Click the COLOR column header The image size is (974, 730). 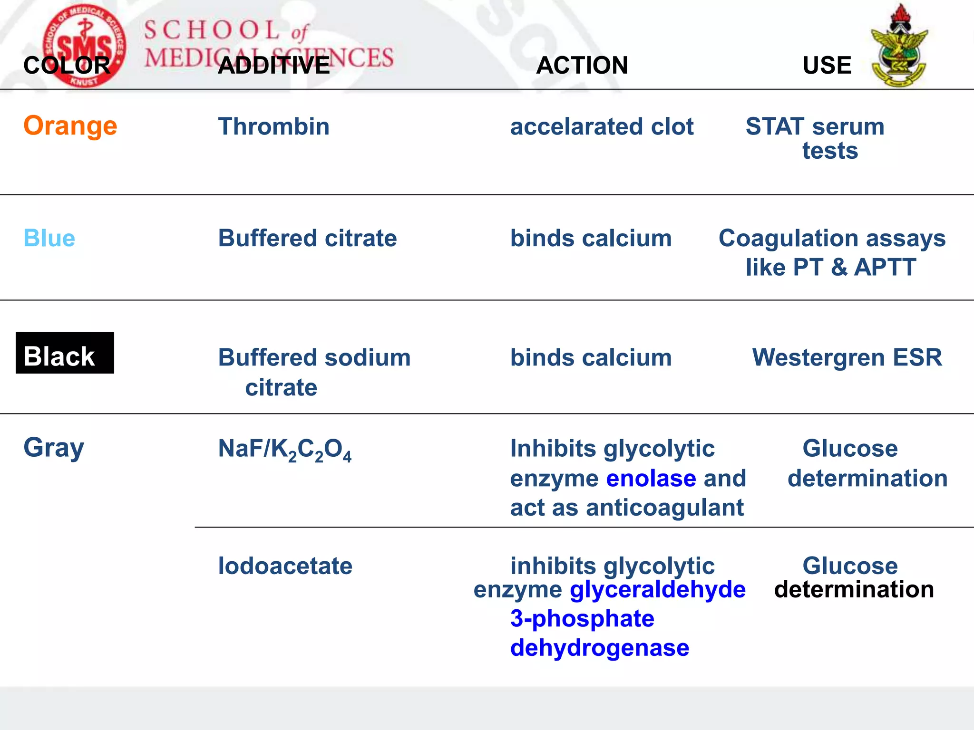(67, 65)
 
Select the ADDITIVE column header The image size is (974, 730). (273, 65)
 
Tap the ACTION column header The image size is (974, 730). (582, 65)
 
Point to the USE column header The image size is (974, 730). (827, 65)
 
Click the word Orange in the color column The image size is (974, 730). (70, 126)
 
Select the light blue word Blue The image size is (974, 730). (49, 238)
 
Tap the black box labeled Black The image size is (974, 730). (65, 353)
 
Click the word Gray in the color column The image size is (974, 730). (54, 448)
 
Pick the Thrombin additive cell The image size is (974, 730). (273, 127)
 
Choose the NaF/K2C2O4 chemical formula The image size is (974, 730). (284, 450)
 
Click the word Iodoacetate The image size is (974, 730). (285, 566)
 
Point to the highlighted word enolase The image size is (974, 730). (651, 479)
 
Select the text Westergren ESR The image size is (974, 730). (847, 357)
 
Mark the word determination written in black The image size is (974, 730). (854, 590)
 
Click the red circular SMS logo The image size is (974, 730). (84, 46)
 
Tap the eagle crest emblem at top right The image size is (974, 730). (898, 46)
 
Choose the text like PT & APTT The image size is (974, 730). (830, 267)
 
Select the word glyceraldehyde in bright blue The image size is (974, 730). (658, 590)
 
